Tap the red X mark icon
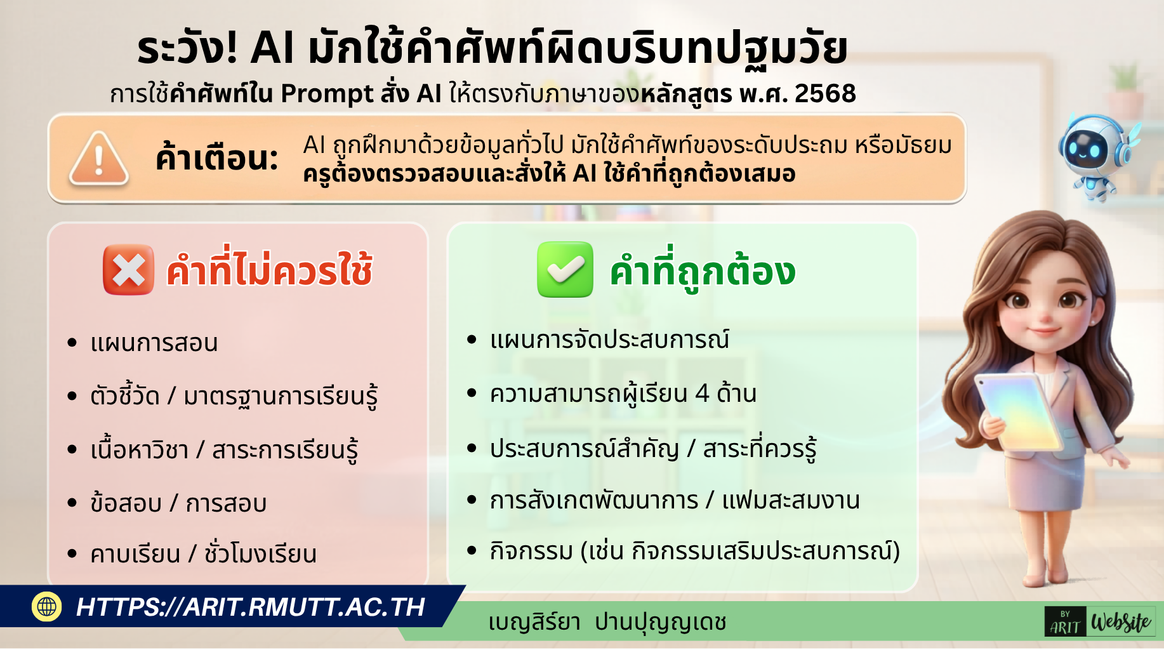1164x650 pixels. pyautogui.click(x=128, y=270)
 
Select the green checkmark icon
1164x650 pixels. pyautogui.click(x=565, y=270)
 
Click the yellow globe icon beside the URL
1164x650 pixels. pyautogui.click(x=47, y=606)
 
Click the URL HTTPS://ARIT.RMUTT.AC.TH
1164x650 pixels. pyautogui.click(x=250, y=607)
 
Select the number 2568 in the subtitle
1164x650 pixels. pyautogui.click(x=825, y=93)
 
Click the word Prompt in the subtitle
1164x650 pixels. pyautogui.click(x=327, y=94)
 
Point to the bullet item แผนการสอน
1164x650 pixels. pyautogui.click(x=154, y=343)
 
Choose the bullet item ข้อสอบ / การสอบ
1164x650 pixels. pyautogui.click(x=178, y=503)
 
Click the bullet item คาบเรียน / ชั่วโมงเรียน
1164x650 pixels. pyautogui.click(x=203, y=554)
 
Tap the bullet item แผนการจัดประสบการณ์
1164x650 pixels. pyautogui.click(x=609, y=340)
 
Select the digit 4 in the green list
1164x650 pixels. pyautogui.click(x=702, y=394)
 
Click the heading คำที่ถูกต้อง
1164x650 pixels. pyautogui.click(x=702, y=271)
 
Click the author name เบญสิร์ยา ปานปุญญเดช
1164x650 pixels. pyautogui.click(x=607, y=622)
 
